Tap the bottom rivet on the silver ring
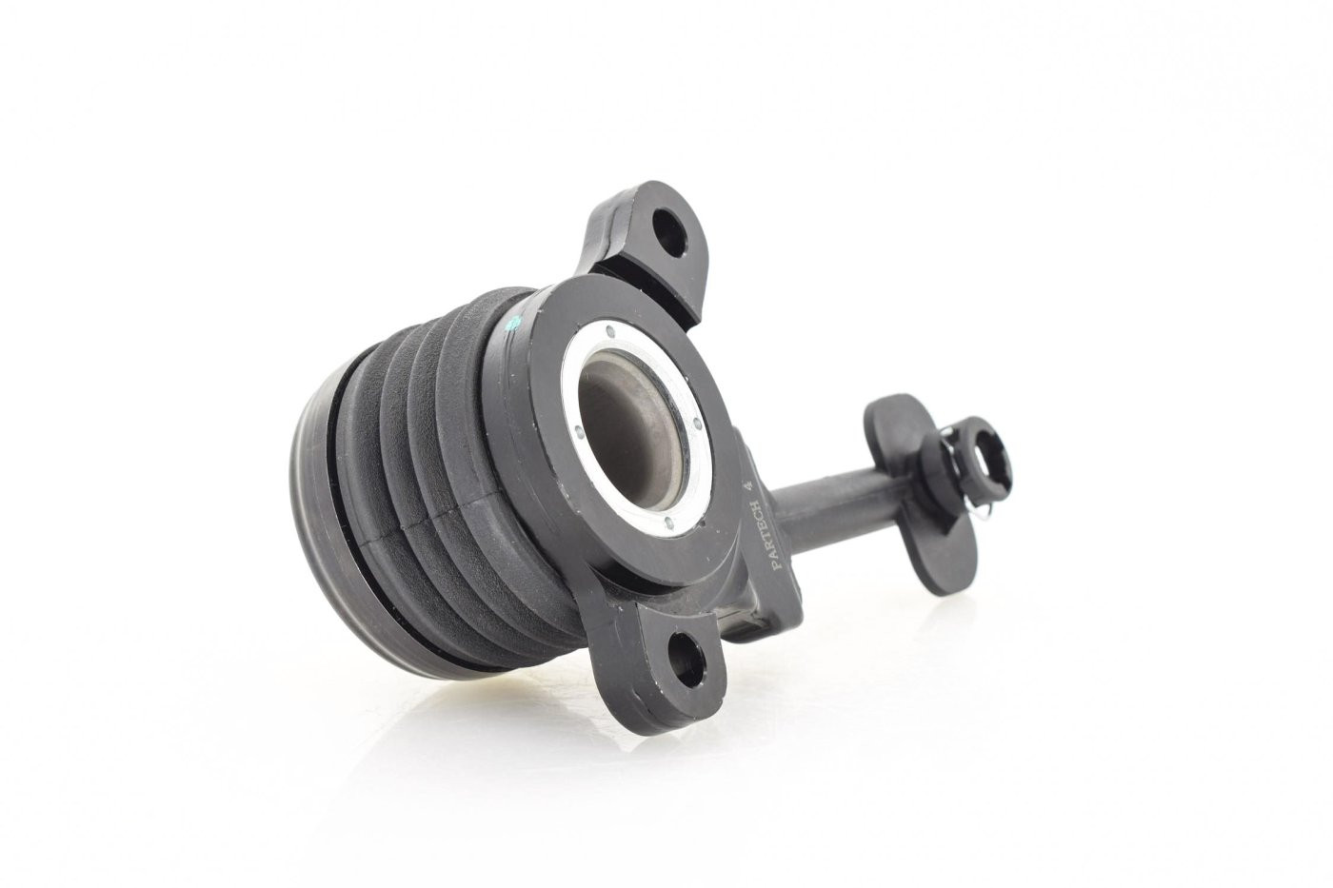pos(667,523)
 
